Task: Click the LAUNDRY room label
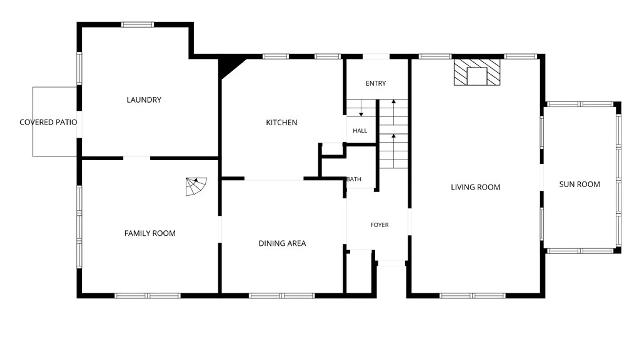(x=144, y=100)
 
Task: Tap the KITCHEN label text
(x=282, y=122)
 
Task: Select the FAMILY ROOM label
(x=150, y=233)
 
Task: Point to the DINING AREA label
(x=282, y=243)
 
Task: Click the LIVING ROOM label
(x=476, y=187)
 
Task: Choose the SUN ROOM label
(x=580, y=184)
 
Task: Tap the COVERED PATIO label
(x=48, y=122)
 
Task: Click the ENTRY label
(x=376, y=83)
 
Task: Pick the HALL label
(x=360, y=131)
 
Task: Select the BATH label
(x=354, y=179)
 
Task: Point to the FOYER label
(x=380, y=225)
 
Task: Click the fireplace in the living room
(x=477, y=72)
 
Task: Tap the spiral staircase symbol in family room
(x=196, y=186)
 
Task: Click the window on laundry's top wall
(x=137, y=25)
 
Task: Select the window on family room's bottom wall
(x=147, y=296)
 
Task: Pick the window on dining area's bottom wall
(x=282, y=296)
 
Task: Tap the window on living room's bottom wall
(x=472, y=296)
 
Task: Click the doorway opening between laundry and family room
(x=137, y=158)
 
